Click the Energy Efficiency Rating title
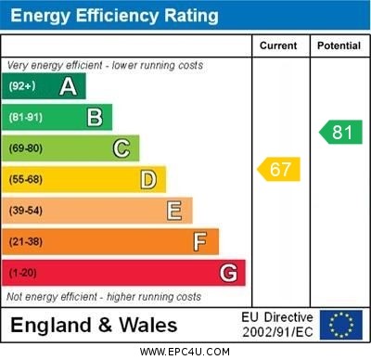(115, 16)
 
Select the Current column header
(278, 45)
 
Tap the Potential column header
(339, 45)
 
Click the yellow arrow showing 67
(278, 169)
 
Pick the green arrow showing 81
(340, 132)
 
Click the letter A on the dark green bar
(68, 86)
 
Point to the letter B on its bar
(95, 117)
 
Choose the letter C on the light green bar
(121, 148)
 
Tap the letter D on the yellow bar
(147, 179)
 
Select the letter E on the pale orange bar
(173, 211)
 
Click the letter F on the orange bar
(199, 241)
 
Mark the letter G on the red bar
(227, 273)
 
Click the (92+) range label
(22, 86)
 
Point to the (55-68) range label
(27, 179)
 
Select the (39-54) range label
(27, 211)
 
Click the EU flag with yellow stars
(341, 325)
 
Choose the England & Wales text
(94, 326)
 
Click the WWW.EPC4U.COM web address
(185, 353)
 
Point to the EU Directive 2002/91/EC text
(277, 325)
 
